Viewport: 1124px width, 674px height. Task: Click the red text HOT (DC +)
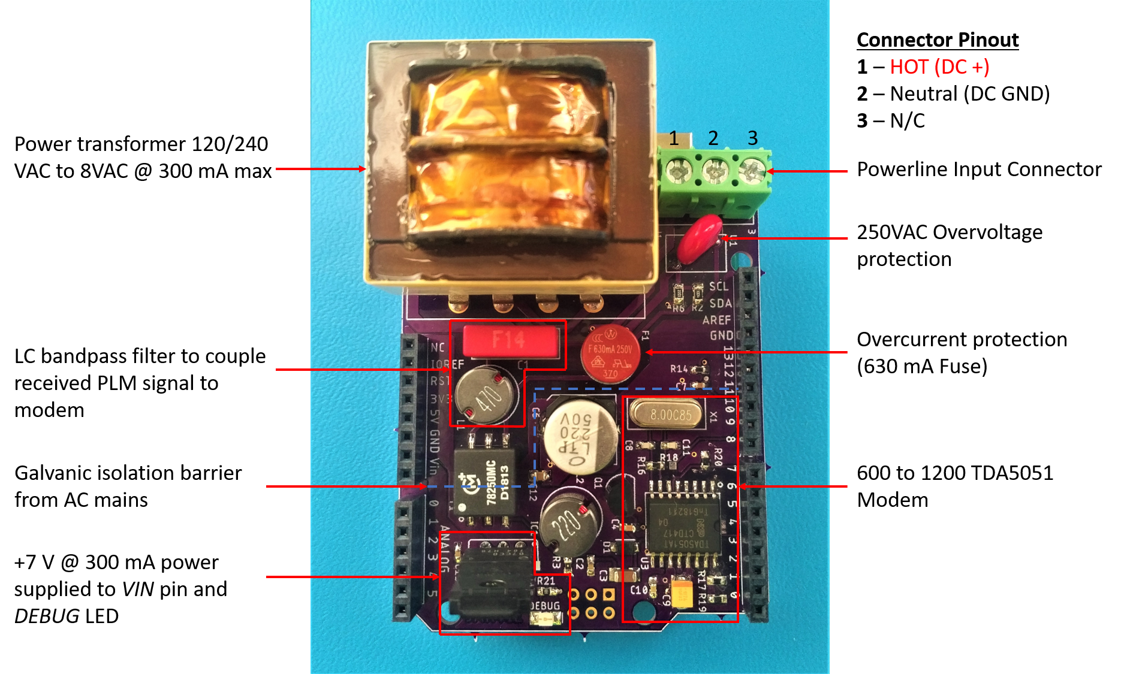[x=939, y=67]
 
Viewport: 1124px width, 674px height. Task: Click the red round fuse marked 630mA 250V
[x=610, y=354]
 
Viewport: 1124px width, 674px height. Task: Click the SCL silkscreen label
[x=719, y=286]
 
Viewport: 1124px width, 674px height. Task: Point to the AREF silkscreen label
[x=716, y=320]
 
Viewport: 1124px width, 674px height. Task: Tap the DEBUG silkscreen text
[x=546, y=606]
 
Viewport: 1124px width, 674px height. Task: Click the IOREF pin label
[x=447, y=364]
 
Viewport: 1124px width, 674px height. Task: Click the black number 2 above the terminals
[x=713, y=138]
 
